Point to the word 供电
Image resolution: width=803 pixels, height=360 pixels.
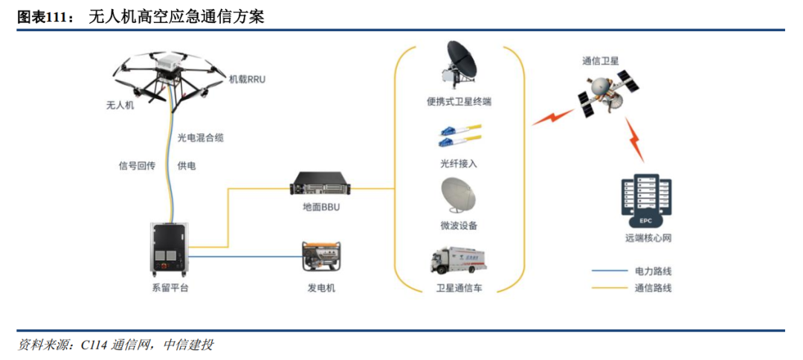[187, 166]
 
